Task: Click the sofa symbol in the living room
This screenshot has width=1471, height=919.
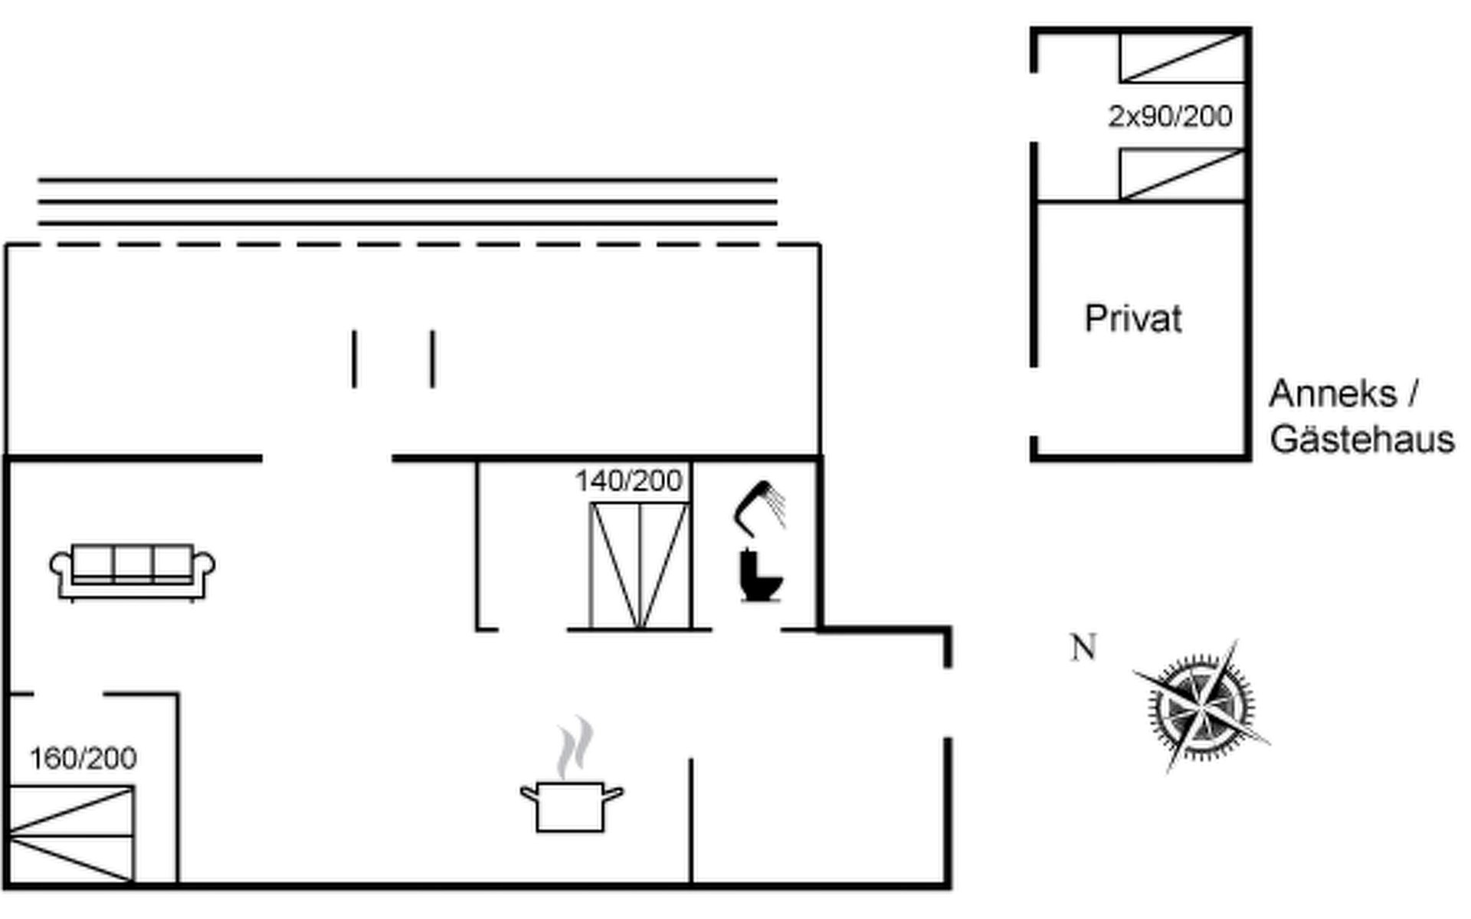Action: pyautogui.click(x=132, y=571)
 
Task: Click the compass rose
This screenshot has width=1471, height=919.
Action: pyautogui.click(x=1201, y=706)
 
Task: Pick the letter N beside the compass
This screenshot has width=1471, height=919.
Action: pyautogui.click(x=1083, y=648)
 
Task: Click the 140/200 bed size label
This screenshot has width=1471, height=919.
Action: pyautogui.click(x=628, y=481)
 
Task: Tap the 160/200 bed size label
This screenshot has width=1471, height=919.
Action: pyautogui.click(x=83, y=758)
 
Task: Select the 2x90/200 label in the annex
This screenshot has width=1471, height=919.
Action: pyautogui.click(x=1170, y=116)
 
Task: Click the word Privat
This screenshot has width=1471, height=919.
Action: pyautogui.click(x=1133, y=319)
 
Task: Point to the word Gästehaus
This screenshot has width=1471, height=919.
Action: pyautogui.click(x=1361, y=440)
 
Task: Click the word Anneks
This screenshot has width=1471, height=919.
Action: pyautogui.click(x=1332, y=394)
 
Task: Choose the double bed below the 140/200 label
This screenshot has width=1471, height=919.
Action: pyautogui.click(x=640, y=566)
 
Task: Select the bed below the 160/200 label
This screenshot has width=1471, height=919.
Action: pyautogui.click(x=71, y=834)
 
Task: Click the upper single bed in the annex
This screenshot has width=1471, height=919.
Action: pyautogui.click(x=1181, y=58)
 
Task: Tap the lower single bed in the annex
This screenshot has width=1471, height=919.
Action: pyautogui.click(x=1181, y=175)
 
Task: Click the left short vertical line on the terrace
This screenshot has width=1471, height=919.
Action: pyautogui.click(x=354, y=358)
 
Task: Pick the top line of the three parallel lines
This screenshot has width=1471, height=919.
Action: pyautogui.click(x=408, y=180)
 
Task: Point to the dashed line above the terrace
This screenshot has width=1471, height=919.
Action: pyautogui.click(x=414, y=245)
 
